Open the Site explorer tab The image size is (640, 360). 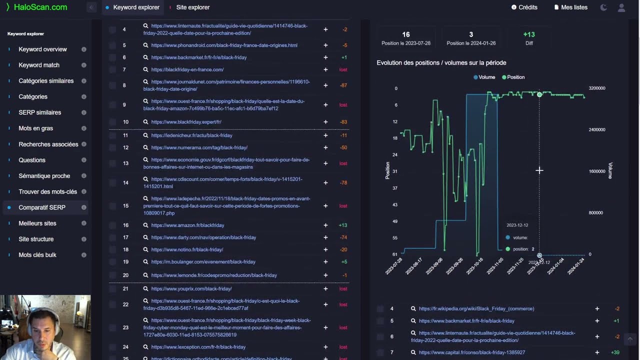tap(192, 7)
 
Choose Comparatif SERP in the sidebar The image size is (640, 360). tap(42, 207)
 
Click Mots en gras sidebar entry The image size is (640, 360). tap(35, 128)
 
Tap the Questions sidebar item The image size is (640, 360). tap(32, 160)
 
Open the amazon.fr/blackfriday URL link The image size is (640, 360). tap(187, 225)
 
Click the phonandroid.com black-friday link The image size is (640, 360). tap(224, 45)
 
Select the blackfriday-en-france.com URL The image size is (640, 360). tap(187, 69)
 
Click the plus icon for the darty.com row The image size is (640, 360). tap(325, 237)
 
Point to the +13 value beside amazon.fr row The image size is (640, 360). tap(342, 225)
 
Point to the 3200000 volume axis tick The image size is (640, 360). tap(596, 88)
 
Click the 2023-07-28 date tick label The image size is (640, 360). tap(394, 266)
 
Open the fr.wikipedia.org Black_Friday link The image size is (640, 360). tap(476, 309)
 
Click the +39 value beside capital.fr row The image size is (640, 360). tap(615, 352)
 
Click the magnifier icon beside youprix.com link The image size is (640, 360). tap(145, 289)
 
